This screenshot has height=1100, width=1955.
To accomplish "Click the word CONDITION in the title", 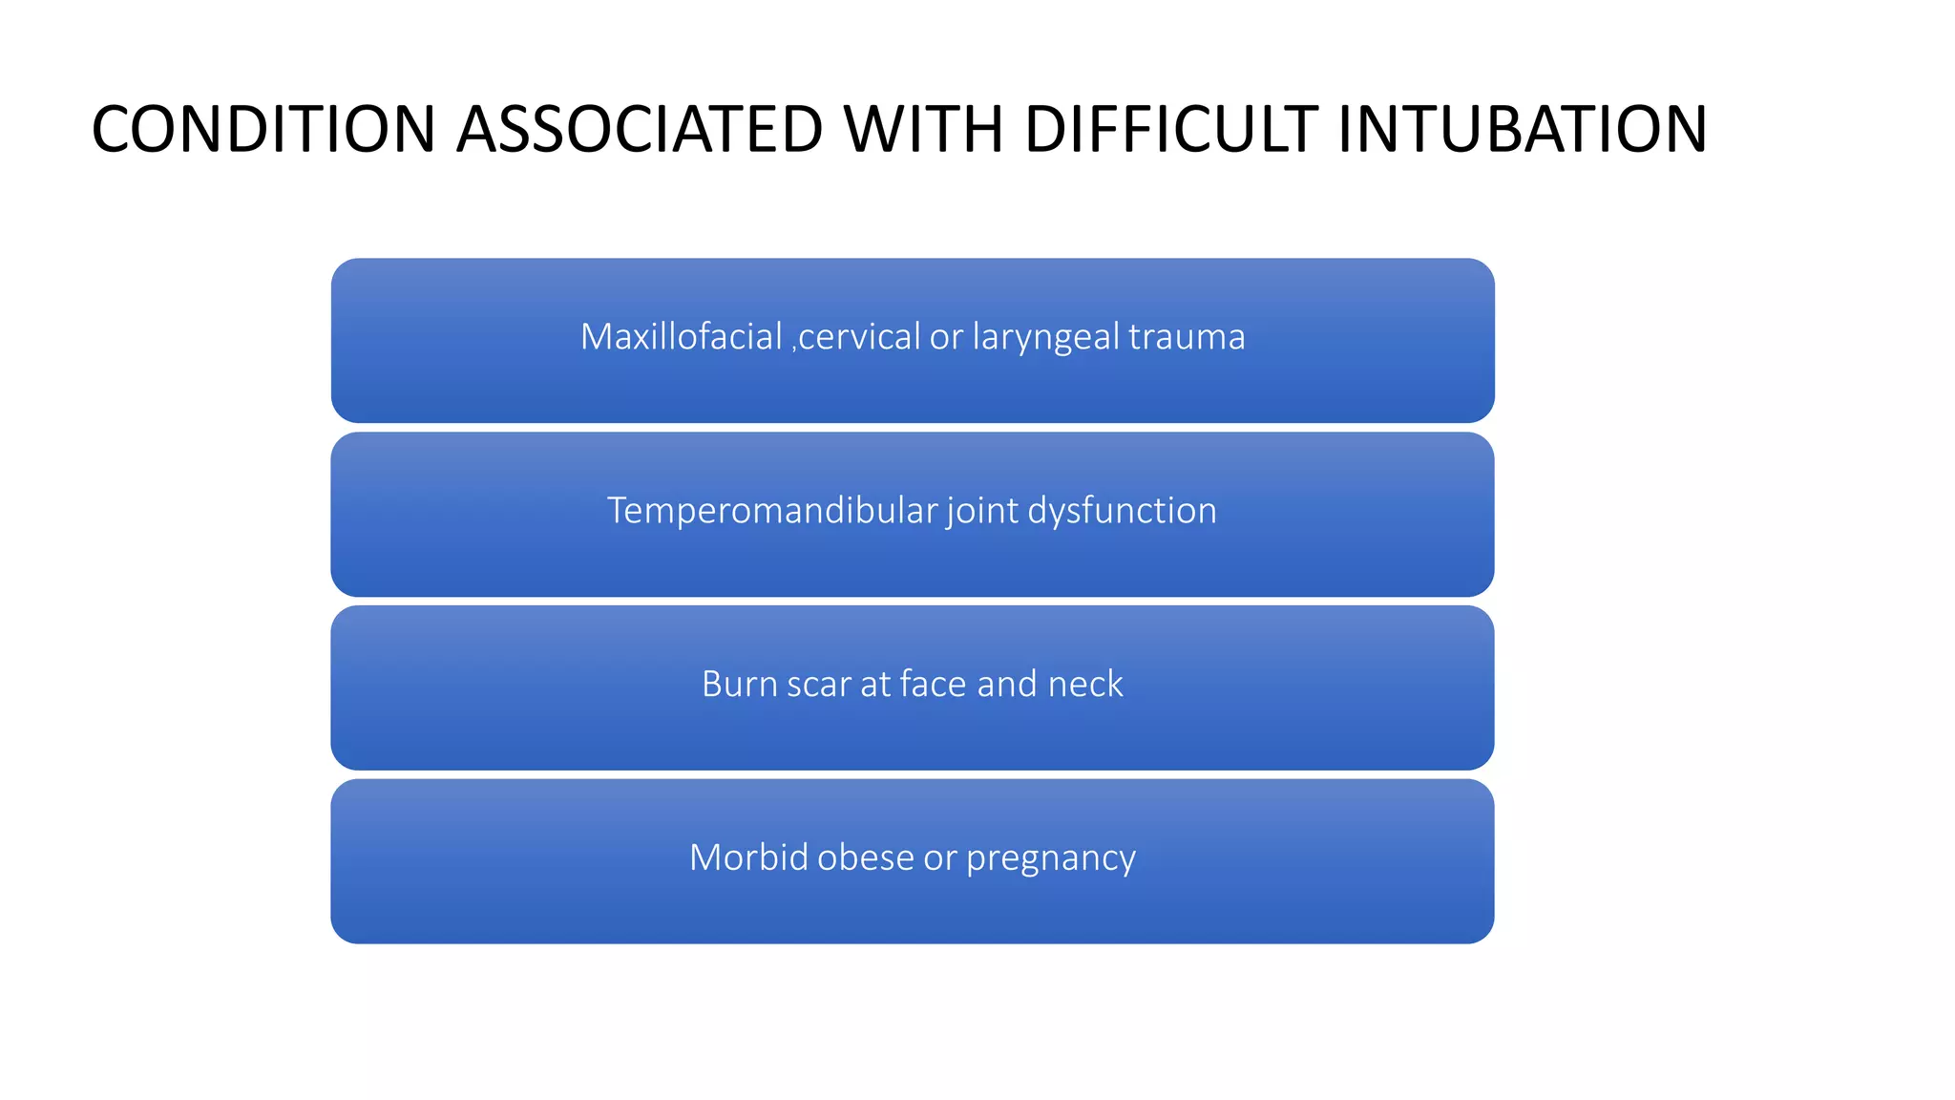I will pos(263,130).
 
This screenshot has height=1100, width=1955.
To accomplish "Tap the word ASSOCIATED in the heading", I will pos(640,130).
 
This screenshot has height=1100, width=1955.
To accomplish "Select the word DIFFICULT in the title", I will pos(1170,130).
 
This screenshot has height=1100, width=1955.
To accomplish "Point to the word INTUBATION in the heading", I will pos(1522,130).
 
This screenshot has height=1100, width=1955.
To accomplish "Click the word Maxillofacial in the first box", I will pos(682,337).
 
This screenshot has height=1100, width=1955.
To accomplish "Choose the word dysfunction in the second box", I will pos(1122,511).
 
